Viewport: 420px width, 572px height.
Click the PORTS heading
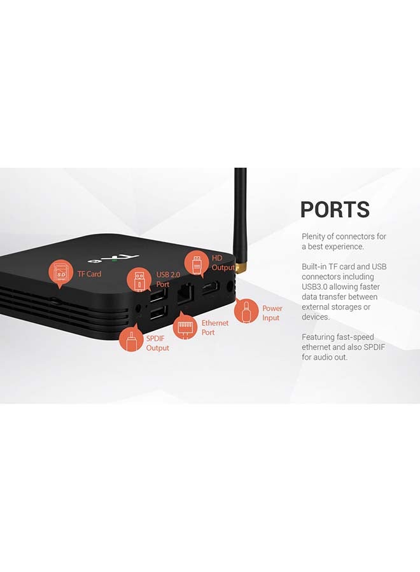[x=335, y=210]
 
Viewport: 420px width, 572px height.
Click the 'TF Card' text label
[x=90, y=274]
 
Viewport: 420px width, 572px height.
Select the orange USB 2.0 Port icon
[x=139, y=280]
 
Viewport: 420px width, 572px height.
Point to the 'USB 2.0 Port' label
[x=164, y=280]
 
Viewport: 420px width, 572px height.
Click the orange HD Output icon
[x=197, y=262]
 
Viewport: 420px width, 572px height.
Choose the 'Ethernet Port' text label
[x=214, y=327]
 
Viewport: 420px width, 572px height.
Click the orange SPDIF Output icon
[x=131, y=339]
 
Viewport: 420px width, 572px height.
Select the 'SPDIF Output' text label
[x=157, y=343]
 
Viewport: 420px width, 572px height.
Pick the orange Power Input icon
[x=246, y=312]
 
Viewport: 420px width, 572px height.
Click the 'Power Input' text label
[x=272, y=313]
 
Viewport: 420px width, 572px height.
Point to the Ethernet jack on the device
[x=185, y=294]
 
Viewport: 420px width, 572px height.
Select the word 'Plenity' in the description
[x=314, y=236]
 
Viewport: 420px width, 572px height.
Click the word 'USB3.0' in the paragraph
[x=314, y=287]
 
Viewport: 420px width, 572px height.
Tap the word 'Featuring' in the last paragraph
[x=319, y=337]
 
